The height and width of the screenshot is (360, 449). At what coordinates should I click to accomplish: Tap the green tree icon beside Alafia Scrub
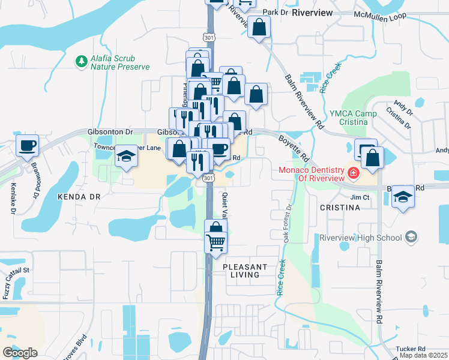(80, 61)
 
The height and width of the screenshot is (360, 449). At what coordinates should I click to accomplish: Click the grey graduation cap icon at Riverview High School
(411, 237)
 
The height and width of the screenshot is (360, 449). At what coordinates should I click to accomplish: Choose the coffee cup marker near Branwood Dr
(27, 146)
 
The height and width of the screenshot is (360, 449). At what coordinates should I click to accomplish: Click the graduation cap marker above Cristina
(403, 197)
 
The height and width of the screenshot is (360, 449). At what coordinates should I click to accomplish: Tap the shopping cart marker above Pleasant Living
(215, 243)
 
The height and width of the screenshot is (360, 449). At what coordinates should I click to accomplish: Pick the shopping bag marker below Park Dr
(259, 27)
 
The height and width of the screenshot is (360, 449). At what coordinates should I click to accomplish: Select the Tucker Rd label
(411, 349)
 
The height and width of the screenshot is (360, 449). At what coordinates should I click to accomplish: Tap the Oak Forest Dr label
(288, 224)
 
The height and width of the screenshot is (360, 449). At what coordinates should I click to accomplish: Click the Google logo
(20, 352)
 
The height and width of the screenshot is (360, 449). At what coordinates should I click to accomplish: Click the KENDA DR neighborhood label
(78, 196)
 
